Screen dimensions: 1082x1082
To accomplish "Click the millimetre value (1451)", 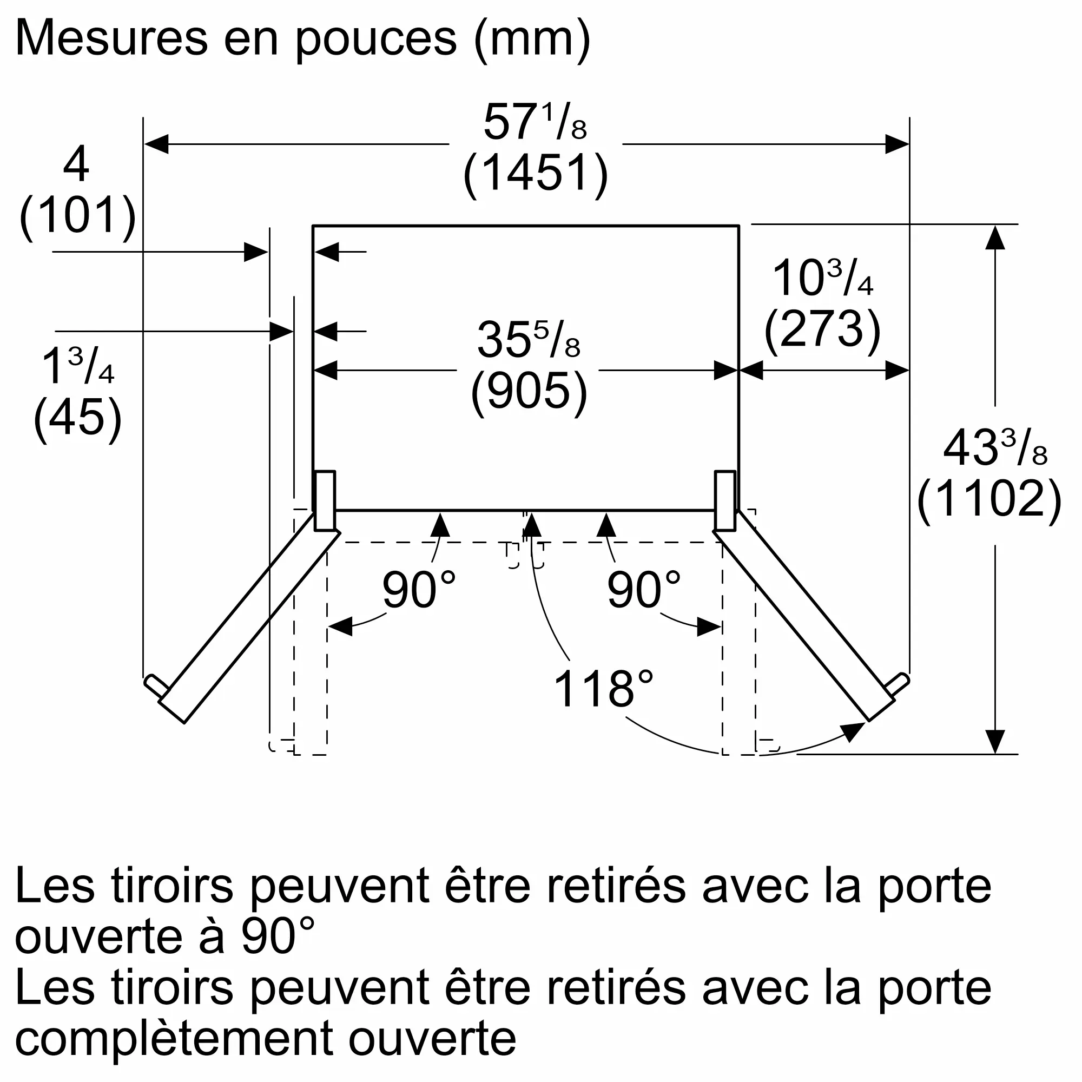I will (x=536, y=174).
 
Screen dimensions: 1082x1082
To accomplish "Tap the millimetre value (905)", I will (x=529, y=392).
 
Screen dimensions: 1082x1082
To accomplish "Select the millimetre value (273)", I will (x=822, y=331).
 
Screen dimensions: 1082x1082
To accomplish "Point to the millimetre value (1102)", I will (x=989, y=499).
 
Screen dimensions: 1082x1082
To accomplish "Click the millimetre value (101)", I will (x=78, y=216).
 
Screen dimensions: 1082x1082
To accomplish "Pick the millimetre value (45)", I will (x=78, y=417).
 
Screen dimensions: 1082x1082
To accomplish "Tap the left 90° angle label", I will (x=418, y=590).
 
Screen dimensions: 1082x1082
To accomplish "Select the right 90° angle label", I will (x=643, y=590).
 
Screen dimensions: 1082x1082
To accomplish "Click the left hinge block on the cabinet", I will (x=325, y=500).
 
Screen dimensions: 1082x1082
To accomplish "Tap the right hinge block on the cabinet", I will (x=725, y=500).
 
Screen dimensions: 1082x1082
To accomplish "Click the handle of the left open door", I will (x=156, y=686).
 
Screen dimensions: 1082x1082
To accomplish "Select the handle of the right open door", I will (x=898, y=684).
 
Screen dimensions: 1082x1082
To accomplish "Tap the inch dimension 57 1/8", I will (x=535, y=122).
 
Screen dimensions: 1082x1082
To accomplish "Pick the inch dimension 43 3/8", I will (x=995, y=448).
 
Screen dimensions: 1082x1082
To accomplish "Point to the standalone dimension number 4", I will (x=76, y=163).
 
